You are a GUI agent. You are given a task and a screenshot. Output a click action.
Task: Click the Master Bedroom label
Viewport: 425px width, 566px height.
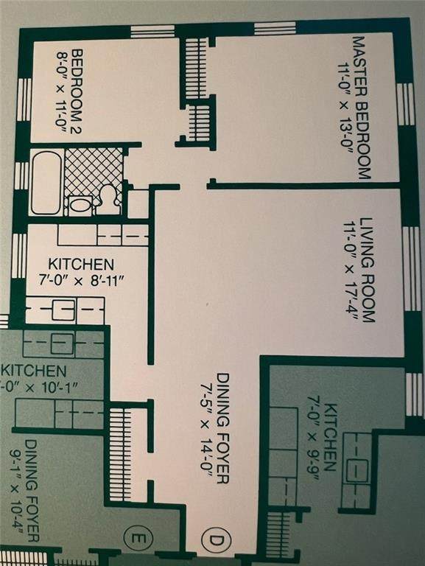click(x=360, y=107)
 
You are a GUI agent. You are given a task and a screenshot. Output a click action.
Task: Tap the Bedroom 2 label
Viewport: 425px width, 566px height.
click(x=77, y=92)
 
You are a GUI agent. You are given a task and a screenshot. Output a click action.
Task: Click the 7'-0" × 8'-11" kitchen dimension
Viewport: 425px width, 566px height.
click(x=81, y=280)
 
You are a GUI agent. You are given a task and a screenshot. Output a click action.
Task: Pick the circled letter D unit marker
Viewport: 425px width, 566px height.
click(x=215, y=539)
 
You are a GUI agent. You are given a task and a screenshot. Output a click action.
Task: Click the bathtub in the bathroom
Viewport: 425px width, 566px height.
click(x=46, y=183)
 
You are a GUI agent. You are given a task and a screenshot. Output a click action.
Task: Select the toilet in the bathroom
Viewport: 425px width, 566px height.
click(x=108, y=198)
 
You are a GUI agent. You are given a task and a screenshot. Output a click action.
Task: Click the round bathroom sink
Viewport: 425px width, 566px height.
click(x=80, y=206)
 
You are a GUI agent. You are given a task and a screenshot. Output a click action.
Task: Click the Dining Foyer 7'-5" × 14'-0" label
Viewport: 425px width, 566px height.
click(x=214, y=428)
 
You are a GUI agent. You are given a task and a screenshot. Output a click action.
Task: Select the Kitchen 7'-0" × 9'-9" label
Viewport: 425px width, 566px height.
click(x=322, y=438)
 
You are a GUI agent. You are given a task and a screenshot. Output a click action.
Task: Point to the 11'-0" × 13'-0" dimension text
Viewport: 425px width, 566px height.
click(x=344, y=109)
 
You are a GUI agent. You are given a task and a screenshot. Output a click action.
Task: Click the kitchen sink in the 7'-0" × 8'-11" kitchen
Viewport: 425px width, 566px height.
click(x=63, y=310)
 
